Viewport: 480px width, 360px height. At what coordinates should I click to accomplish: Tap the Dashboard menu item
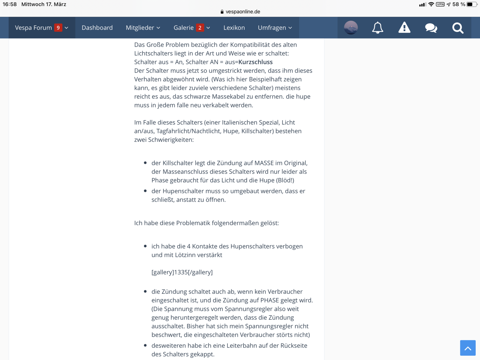tap(97, 28)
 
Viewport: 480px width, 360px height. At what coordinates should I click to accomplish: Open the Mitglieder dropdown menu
tap(143, 28)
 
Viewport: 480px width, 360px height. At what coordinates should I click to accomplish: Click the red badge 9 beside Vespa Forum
tap(58, 28)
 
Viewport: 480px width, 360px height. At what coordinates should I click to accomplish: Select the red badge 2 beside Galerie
tap(200, 28)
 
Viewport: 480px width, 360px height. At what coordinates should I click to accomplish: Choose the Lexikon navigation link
tap(234, 28)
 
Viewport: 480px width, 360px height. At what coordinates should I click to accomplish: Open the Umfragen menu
tap(275, 28)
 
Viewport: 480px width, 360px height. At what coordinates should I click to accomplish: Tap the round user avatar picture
tap(351, 28)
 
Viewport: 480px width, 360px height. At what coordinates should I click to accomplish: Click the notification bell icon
tap(377, 28)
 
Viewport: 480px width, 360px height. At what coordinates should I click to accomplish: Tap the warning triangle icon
tap(404, 28)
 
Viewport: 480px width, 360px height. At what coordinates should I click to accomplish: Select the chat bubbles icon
tap(431, 28)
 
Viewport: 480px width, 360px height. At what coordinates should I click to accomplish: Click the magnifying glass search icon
tap(458, 28)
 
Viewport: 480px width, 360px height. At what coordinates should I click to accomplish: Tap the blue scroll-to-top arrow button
tap(468, 348)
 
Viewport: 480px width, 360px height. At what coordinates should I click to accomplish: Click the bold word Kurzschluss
tap(256, 62)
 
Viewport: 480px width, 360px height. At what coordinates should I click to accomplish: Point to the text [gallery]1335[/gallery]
tap(182, 272)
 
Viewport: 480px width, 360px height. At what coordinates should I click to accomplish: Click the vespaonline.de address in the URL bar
tap(243, 12)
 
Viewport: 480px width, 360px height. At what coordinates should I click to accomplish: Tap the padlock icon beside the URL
tap(222, 12)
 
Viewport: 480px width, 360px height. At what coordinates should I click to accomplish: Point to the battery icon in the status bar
tap(471, 4)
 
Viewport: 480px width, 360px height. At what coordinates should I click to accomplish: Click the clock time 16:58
tap(10, 4)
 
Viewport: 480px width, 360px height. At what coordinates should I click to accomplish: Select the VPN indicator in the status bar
tap(440, 4)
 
